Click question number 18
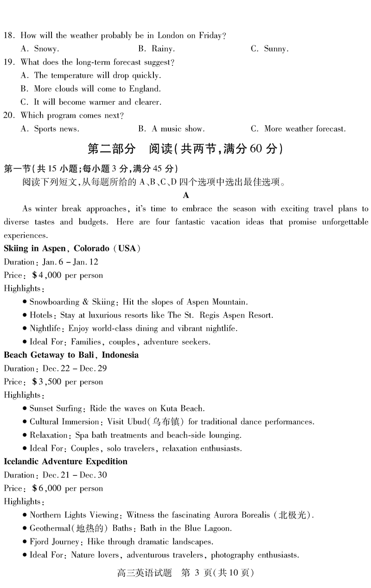point(9,36)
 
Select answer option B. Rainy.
point(156,49)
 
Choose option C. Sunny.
point(269,49)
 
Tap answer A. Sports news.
point(50,129)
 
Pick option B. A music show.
point(171,129)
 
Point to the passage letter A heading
point(186,195)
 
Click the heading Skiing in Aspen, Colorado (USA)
point(72,249)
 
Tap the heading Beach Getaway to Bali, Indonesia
point(71,355)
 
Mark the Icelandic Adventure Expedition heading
point(65,462)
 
